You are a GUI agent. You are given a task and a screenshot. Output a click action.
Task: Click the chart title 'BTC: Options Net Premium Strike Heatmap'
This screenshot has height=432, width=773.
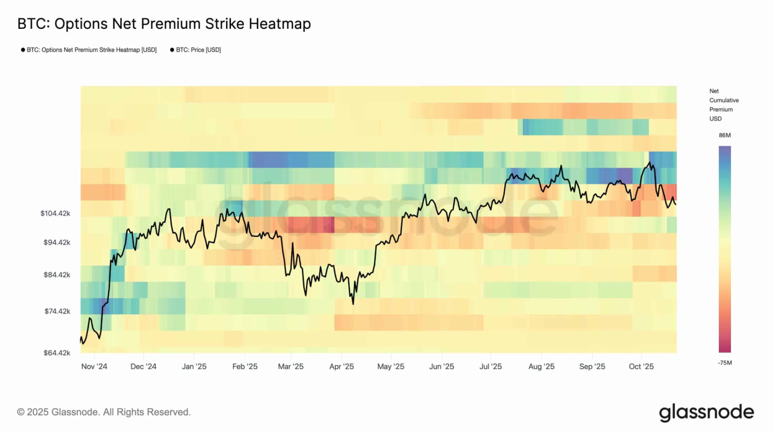click(164, 24)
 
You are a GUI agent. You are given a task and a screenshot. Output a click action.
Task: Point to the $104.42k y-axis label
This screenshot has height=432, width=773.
click(55, 213)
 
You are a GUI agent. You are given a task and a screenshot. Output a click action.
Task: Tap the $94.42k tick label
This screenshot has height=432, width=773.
click(57, 242)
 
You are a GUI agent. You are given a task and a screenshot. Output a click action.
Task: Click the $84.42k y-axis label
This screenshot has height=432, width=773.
click(57, 274)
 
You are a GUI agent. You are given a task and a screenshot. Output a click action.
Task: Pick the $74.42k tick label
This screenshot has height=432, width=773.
click(57, 311)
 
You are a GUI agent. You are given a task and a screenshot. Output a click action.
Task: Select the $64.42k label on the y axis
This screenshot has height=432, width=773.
click(57, 352)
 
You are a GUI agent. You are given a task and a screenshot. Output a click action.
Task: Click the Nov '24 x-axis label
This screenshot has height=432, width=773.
click(94, 366)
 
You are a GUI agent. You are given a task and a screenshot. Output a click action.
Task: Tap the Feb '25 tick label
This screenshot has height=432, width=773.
click(245, 366)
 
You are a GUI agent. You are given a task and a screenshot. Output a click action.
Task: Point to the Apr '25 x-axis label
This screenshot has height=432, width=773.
click(341, 366)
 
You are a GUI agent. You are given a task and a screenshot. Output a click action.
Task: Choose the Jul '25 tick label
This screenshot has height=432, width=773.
click(490, 366)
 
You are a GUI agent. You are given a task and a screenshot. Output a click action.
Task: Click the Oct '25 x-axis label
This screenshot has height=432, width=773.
click(641, 366)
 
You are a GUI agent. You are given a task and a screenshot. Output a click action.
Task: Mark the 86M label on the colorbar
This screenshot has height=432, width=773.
click(724, 136)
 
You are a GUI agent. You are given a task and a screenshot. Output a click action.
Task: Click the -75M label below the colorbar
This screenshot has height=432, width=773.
click(724, 362)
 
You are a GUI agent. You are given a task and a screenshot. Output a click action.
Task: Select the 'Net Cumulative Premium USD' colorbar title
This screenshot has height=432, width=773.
click(723, 105)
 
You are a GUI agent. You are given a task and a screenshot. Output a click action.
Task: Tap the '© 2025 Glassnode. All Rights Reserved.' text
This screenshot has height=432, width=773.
click(104, 412)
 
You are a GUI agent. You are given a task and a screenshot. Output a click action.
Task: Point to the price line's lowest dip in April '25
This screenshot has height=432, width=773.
click(353, 303)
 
